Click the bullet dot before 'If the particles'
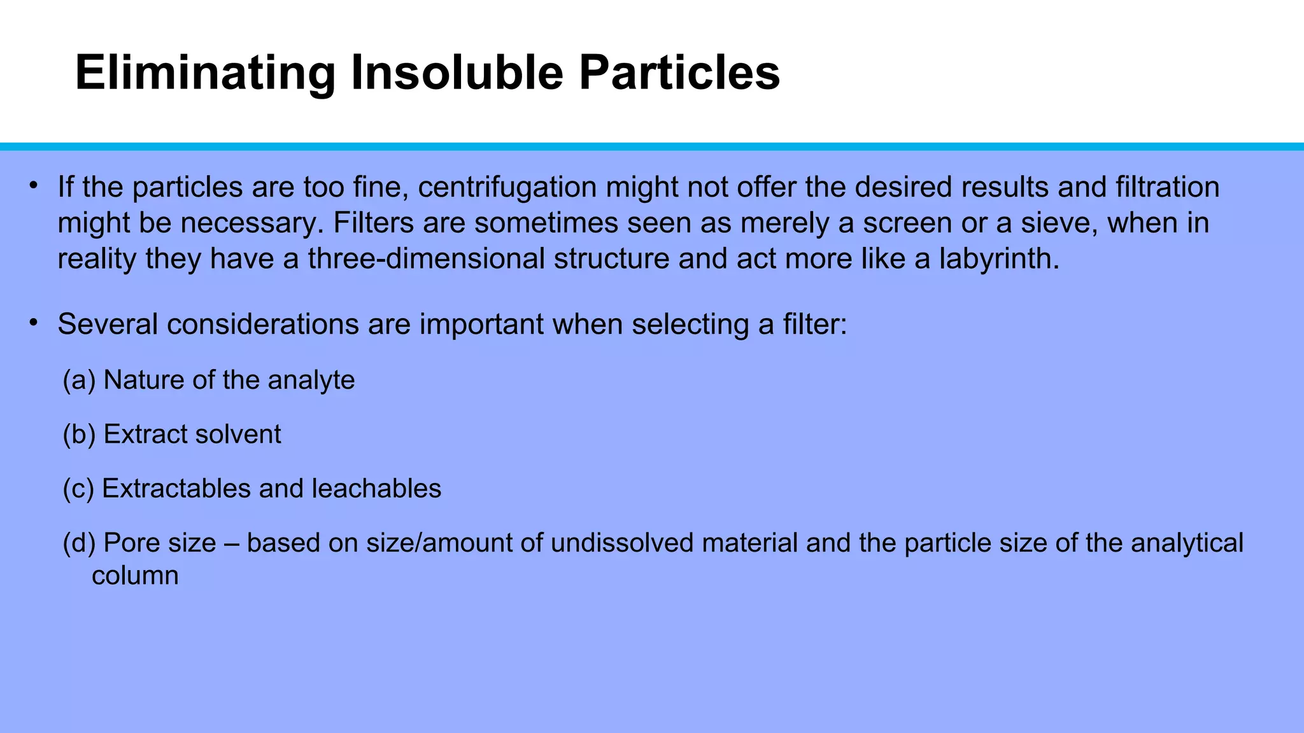[34, 186]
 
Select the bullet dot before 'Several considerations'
[34, 323]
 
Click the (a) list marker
[79, 380]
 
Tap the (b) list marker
[79, 435]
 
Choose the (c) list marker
[78, 489]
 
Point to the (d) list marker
[79, 543]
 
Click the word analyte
[311, 380]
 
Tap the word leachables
[376, 489]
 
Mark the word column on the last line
[135, 576]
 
